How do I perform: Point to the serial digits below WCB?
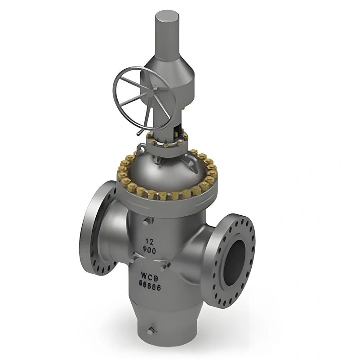149,284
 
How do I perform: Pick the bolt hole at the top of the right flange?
242,220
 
